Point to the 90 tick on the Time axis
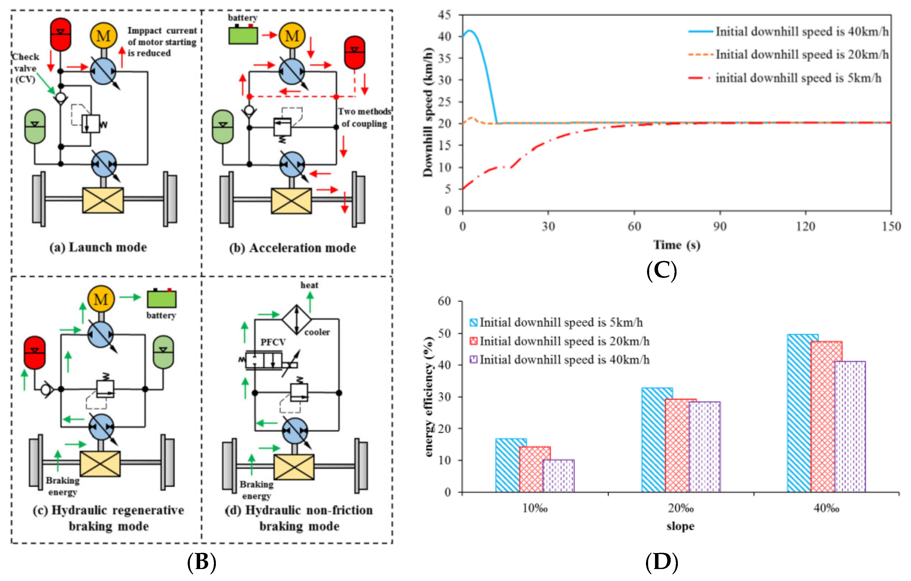(720, 226)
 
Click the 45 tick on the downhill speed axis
(445, 15)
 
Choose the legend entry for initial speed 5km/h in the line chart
(798, 78)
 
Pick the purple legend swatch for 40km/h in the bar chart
(473, 359)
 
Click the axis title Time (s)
(677, 245)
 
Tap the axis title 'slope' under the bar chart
(680, 526)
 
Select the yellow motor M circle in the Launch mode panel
(103, 36)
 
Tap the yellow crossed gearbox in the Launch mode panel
(103, 200)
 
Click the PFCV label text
(273, 342)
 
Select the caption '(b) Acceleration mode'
(292, 248)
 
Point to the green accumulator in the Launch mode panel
(35, 126)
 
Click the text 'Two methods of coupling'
(364, 117)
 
